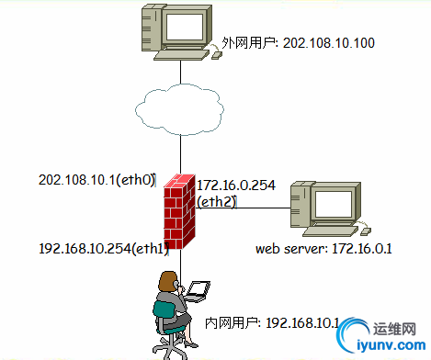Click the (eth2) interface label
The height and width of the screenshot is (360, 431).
coord(217,202)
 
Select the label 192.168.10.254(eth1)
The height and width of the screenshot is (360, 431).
coord(100,249)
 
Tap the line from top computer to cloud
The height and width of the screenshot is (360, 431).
coord(181,72)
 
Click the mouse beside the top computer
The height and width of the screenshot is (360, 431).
coord(217,54)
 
